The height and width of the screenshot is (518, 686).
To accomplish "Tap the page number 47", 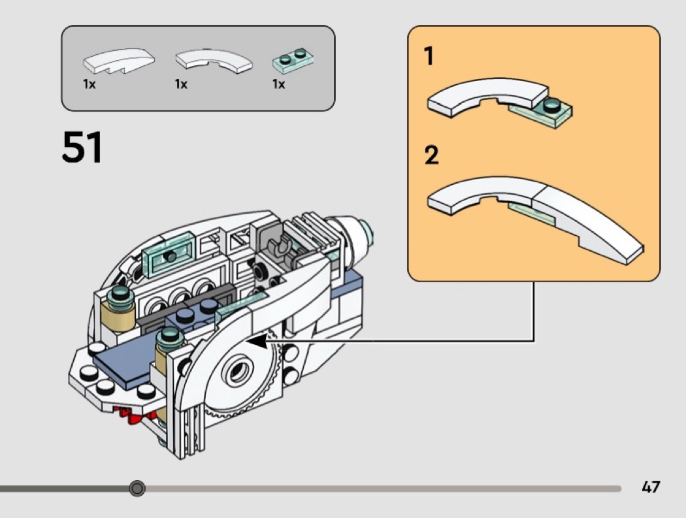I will click(651, 487).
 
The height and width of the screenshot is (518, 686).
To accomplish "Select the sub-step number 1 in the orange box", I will click(429, 57).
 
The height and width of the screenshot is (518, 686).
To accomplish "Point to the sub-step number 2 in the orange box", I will click(431, 155).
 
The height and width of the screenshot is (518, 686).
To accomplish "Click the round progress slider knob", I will click(137, 488).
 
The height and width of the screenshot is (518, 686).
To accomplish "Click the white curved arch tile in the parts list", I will click(214, 61).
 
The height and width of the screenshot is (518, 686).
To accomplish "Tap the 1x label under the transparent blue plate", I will click(279, 84).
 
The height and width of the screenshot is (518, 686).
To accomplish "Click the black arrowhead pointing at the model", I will click(259, 340).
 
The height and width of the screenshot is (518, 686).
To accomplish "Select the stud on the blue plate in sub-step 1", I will click(553, 104).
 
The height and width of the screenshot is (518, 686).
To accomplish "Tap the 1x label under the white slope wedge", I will click(90, 84).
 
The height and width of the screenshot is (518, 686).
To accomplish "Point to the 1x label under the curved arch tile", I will click(181, 84).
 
